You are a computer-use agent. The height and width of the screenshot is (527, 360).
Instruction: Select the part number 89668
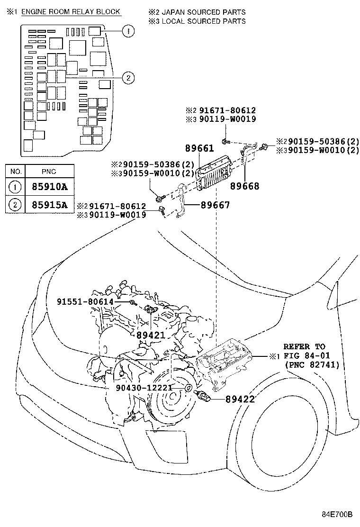[245, 186]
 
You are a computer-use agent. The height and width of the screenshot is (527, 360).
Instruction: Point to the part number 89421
[150, 335]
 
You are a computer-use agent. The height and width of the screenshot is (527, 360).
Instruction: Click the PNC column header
[49, 171]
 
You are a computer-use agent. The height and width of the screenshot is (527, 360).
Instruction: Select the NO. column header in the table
[16, 171]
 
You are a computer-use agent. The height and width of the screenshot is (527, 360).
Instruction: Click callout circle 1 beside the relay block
[127, 31]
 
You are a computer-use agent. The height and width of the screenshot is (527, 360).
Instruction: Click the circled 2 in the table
[16, 205]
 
